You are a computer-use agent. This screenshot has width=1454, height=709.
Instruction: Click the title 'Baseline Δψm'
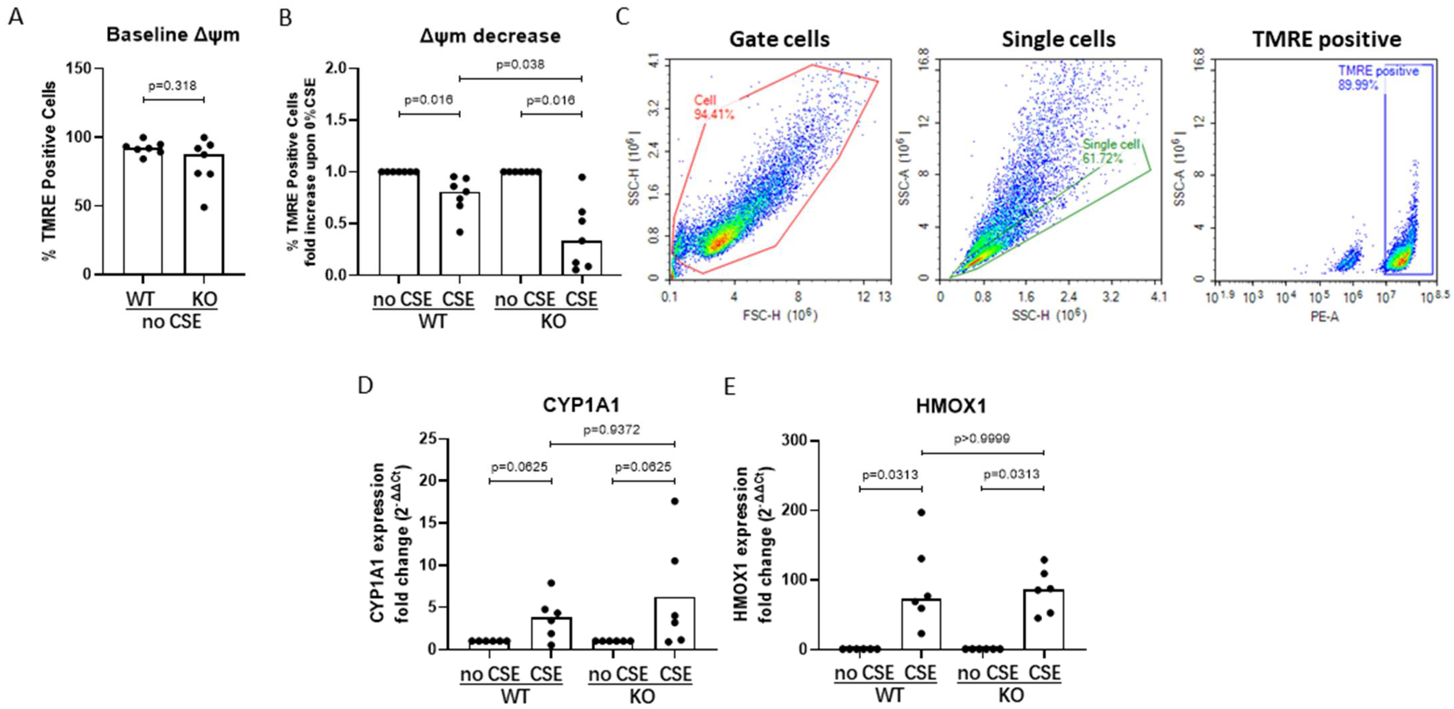click(x=173, y=35)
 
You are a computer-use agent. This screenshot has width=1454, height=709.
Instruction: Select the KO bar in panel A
click(x=204, y=214)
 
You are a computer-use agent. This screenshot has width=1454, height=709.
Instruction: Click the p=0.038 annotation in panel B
click(x=520, y=64)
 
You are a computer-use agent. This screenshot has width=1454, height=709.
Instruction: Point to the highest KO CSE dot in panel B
click(x=582, y=177)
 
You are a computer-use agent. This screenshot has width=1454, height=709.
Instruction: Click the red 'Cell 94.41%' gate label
click(x=713, y=107)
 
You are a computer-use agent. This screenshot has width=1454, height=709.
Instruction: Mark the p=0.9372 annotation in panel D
click(x=611, y=430)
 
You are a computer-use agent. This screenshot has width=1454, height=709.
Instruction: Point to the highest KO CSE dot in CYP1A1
click(x=674, y=501)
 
